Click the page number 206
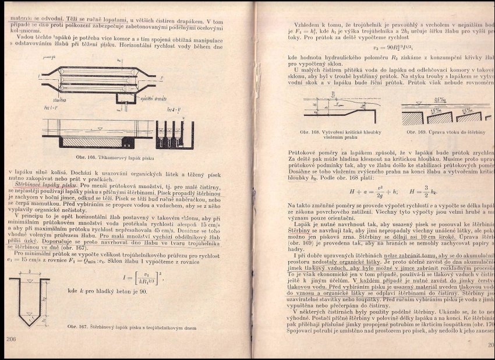click(10, 338)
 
